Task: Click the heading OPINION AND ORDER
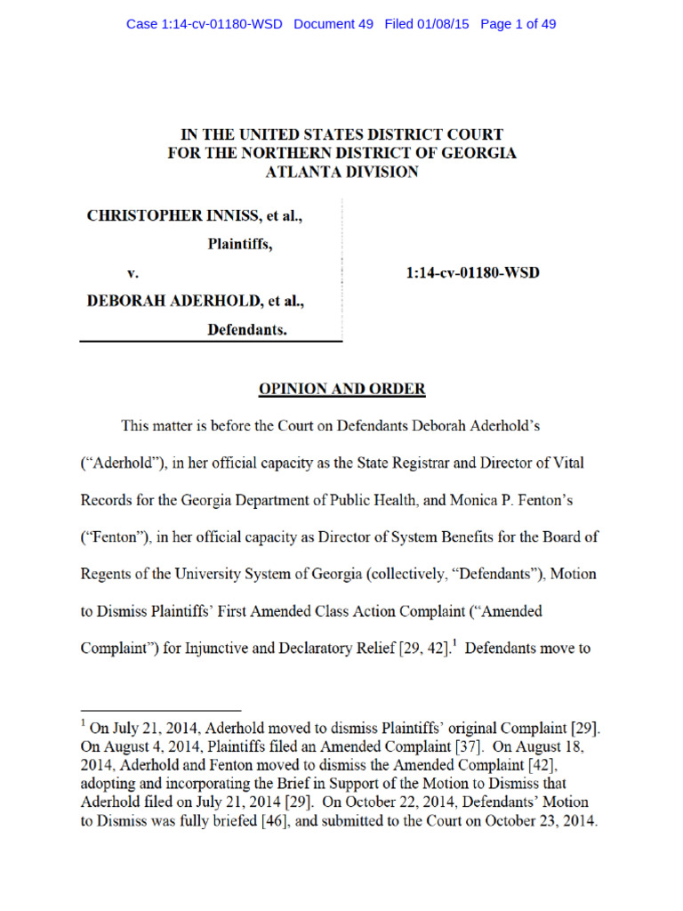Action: (x=341, y=389)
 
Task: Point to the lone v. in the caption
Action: (x=133, y=272)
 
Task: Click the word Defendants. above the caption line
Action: (x=247, y=329)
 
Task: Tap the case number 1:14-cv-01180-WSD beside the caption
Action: (x=472, y=272)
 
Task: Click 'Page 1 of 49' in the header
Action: (x=518, y=24)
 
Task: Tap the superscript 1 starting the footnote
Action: (x=83, y=725)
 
